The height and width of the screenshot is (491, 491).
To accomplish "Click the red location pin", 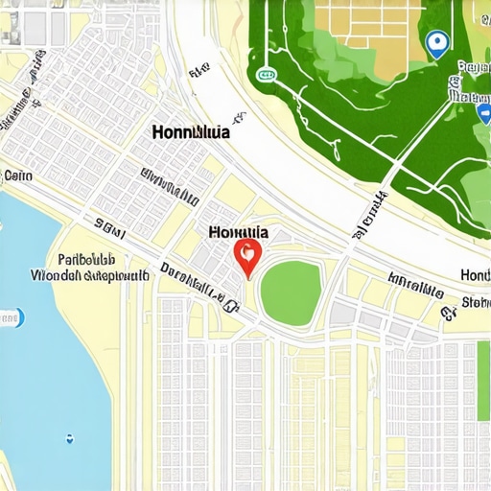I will (247, 255).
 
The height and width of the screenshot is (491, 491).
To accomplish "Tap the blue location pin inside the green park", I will (436, 42).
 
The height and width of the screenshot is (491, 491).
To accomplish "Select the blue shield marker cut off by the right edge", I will (484, 113).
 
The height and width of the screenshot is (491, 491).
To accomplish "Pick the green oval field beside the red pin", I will (291, 286).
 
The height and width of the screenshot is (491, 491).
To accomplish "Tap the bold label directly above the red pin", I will (238, 232).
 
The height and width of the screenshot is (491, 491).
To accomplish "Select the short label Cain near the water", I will (18, 175).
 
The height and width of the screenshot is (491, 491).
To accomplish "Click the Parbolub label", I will (86, 259).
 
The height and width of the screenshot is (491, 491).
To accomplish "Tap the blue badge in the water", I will (10, 317).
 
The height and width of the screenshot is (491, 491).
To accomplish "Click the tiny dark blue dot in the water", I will (70, 439).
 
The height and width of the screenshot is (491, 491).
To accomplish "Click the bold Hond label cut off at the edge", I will (475, 275).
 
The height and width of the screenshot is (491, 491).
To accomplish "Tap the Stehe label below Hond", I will (475, 304).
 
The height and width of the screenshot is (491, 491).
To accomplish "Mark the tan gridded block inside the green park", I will (369, 29).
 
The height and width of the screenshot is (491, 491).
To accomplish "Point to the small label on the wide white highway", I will (199, 71).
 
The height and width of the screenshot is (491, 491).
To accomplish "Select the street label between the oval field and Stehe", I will (415, 286).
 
